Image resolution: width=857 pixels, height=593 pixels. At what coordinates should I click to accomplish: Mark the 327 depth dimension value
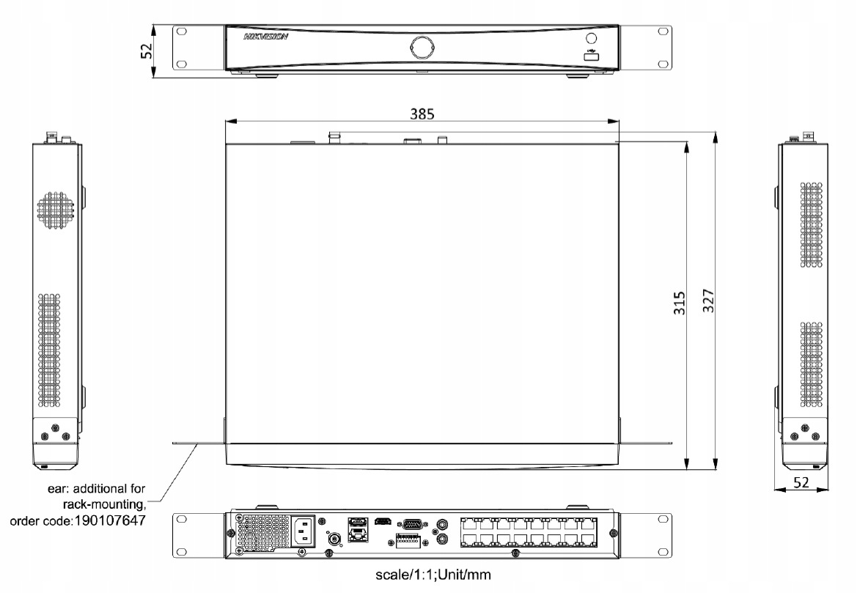(708, 300)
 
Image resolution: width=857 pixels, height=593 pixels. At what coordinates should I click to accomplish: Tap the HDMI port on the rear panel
(380, 523)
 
